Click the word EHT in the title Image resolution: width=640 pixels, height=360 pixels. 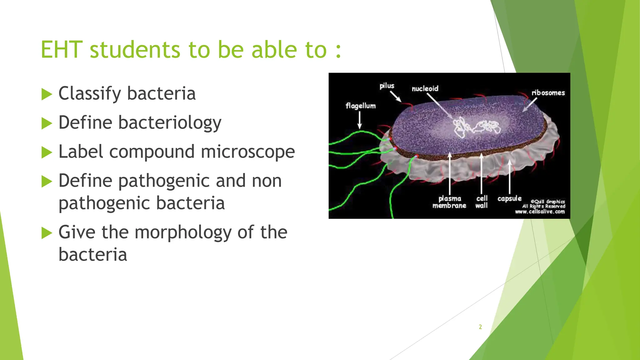tap(62, 50)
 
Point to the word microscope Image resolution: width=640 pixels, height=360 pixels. tap(247, 152)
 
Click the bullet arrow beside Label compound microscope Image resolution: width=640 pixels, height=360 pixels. tap(47, 152)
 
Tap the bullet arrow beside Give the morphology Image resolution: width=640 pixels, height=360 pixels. tap(47, 233)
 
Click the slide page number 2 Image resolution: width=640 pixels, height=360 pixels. tap(480, 327)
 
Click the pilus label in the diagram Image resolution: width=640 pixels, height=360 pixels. tap(387, 86)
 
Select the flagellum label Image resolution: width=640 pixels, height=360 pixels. tap(361, 106)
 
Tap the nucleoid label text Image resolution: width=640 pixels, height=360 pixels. tap(425, 89)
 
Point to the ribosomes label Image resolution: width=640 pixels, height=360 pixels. tap(548, 93)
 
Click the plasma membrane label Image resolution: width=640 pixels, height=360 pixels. tap(449, 202)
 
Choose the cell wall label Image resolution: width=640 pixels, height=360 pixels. tap(482, 202)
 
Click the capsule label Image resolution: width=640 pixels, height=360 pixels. tap(509, 198)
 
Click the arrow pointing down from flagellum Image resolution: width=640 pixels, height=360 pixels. tap(360, 120)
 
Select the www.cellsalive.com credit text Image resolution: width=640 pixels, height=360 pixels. tap(540, 212)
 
